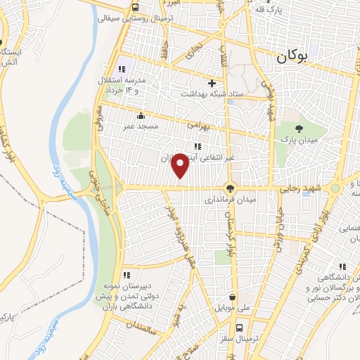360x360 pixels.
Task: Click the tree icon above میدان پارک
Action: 300,128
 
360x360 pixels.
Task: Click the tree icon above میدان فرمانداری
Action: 229,188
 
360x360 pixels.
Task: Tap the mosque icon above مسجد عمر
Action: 141,115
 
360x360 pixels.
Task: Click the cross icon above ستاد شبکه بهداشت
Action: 211,83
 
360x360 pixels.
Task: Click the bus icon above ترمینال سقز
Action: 240,328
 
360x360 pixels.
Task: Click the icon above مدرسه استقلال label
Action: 122,68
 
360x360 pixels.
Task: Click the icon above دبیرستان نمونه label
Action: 127,275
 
